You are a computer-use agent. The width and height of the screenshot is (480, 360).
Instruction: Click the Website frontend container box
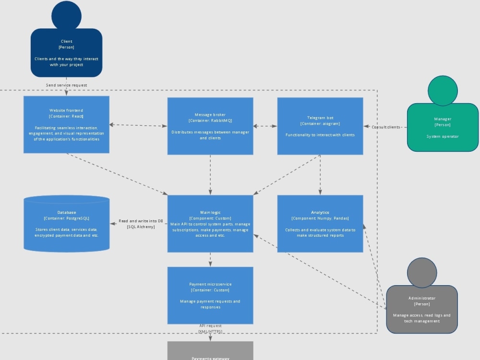coord(66,125)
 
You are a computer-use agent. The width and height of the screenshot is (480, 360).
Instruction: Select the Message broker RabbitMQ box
coord(210,126)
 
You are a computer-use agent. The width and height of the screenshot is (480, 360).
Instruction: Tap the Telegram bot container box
coord(320,126)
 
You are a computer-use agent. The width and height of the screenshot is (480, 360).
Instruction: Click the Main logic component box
coord(210,224)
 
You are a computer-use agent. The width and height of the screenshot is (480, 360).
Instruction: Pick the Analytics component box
coord(320,224)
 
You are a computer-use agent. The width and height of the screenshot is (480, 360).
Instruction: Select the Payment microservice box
coord(210,295)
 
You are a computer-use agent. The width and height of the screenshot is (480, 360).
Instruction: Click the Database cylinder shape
coord(66,224)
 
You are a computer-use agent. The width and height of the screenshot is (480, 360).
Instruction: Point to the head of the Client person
coord(66,15)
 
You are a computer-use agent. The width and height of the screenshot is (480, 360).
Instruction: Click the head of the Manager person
coord(443,90)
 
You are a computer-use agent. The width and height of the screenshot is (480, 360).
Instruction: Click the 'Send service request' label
coord(66,85)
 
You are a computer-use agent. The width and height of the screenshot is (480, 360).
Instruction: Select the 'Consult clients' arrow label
coord(385,127)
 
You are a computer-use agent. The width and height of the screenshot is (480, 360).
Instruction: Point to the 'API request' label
coord(210,326)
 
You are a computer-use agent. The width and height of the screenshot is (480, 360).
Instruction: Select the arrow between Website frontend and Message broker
coord(138,126)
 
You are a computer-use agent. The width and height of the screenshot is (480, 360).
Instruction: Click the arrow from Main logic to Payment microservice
coord(210,260)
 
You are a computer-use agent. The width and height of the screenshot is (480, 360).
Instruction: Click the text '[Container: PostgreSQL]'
coord(66,218)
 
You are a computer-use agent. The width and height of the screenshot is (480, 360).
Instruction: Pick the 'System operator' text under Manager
coord(443,136)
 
